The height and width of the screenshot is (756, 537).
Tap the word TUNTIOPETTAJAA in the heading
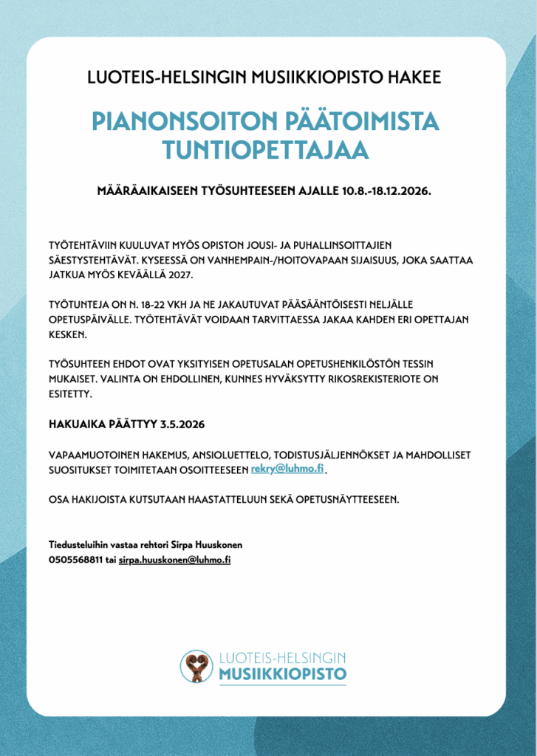[x=266, y=150]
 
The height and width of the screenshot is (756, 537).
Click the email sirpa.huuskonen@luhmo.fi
[x=175, y=560]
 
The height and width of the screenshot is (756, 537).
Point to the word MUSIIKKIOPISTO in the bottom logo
[x=282, y=675]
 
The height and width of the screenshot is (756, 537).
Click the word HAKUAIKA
[x=76, y=425]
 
